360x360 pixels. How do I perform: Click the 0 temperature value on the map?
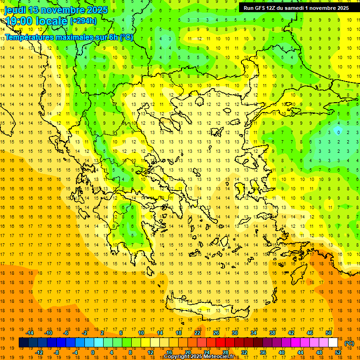[338, 132]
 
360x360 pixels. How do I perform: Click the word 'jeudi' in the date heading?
[16, 10]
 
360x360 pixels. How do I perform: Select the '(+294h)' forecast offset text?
[83, 21]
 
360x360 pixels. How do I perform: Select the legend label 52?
[338, 352]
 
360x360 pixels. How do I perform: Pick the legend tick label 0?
[92, 352]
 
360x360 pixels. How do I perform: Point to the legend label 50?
[329, 333]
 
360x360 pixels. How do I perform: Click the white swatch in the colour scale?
[333, 343]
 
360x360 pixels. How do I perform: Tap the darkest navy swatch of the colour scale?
[24, 343]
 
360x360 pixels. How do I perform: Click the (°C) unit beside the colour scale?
[349, 343]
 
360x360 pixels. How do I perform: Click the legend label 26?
[216, 333]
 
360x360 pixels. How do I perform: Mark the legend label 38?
[272, 333]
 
